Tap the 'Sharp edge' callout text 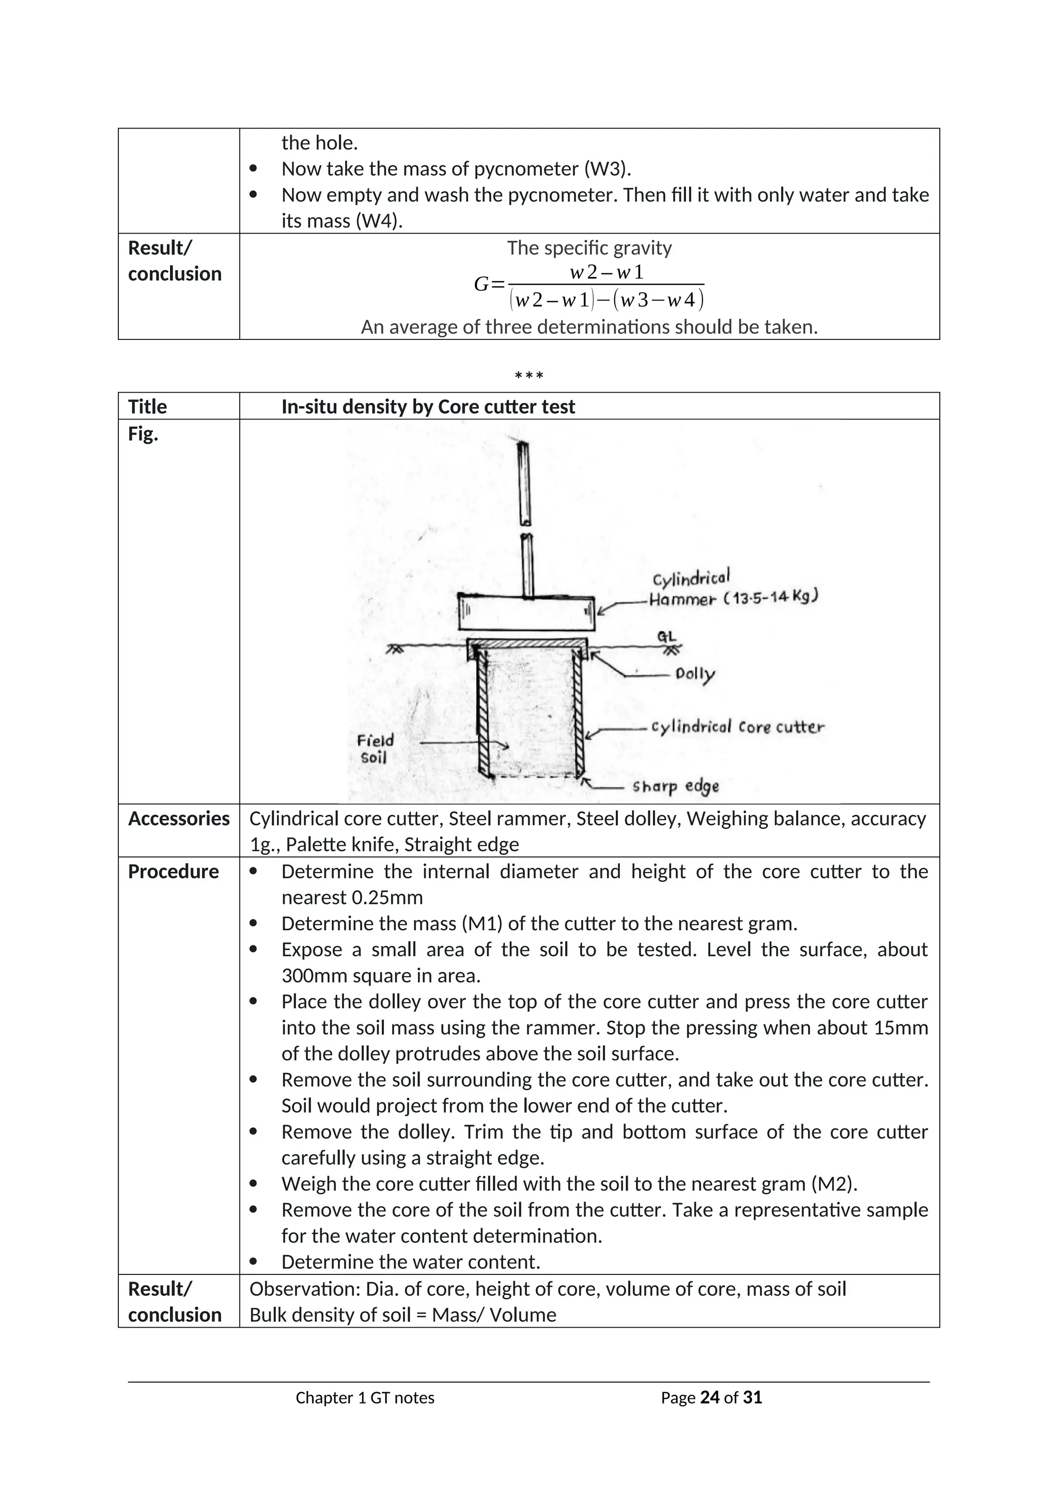(676, 786)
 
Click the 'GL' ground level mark (666, 637)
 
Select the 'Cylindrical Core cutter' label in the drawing (738, 727)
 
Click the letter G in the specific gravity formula (481, 285)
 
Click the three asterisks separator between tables (528, 376)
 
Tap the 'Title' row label (147, 407)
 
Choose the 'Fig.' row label (143, 434)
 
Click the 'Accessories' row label (179, 818)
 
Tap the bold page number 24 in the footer (709, 1398)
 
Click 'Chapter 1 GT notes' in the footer (365, 1398)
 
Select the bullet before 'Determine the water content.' (254, 1261)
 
